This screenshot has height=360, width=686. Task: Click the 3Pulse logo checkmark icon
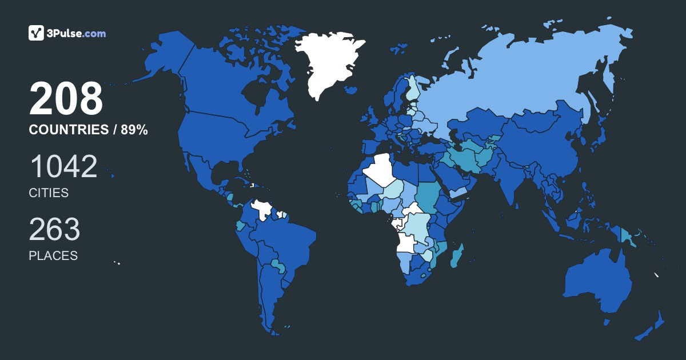coord(36,33)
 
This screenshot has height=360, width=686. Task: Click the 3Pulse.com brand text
coord(76,34)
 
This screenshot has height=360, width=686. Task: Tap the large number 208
coord(66,99)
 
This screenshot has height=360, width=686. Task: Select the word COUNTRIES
coord(69,130)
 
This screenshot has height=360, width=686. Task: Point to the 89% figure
coord(134,130)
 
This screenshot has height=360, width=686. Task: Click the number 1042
coord(63,166)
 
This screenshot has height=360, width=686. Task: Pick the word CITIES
coord(49,193)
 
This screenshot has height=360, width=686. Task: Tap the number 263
coord(55,229)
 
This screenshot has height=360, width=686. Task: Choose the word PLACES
coord(53,256)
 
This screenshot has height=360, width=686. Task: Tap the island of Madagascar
coord(457,256)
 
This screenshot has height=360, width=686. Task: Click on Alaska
coord(166,57)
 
